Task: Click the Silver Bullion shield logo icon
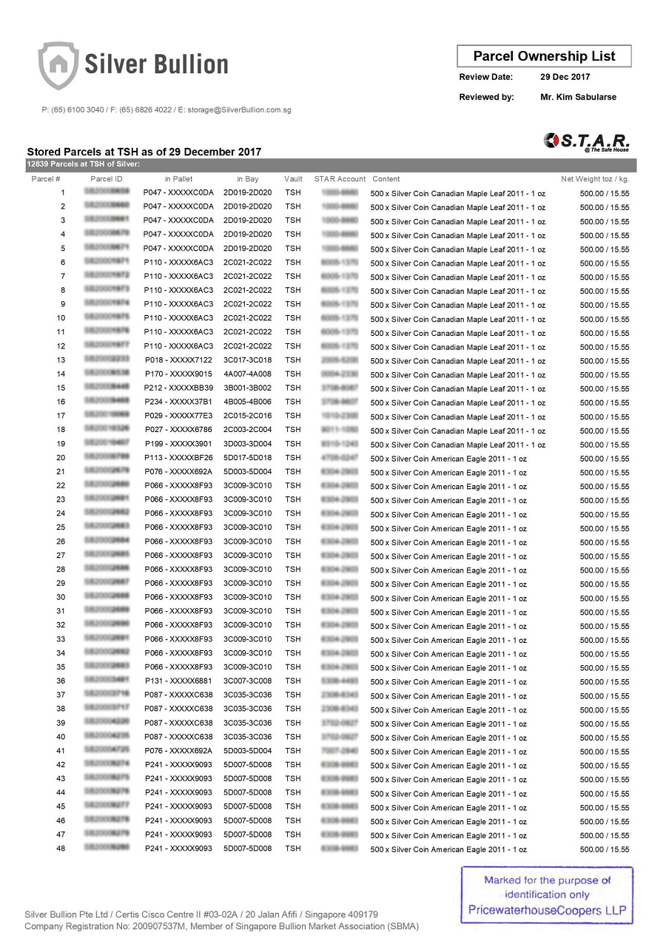(58, 65)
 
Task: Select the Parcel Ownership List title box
(544, 56)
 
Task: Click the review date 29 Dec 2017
(565, 77)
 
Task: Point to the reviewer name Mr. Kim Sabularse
(578, 97)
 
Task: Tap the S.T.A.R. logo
(587, 141)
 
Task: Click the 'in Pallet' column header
(178, 179)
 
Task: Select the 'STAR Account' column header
(340, 179)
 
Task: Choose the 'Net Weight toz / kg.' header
(595, 179)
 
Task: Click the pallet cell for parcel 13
(178, 360)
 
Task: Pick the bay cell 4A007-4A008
(247, 374)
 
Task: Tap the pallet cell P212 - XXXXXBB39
(178, 388)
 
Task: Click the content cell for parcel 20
(448, 459)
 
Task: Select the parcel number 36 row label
(61, 681)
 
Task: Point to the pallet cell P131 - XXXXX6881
(178, 681)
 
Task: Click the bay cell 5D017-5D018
(247, 458)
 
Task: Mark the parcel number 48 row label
(61, 849)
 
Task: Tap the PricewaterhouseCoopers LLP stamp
(547, 895)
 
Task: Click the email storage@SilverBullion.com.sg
(239, 110)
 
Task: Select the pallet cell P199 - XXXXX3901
(178, 444)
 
